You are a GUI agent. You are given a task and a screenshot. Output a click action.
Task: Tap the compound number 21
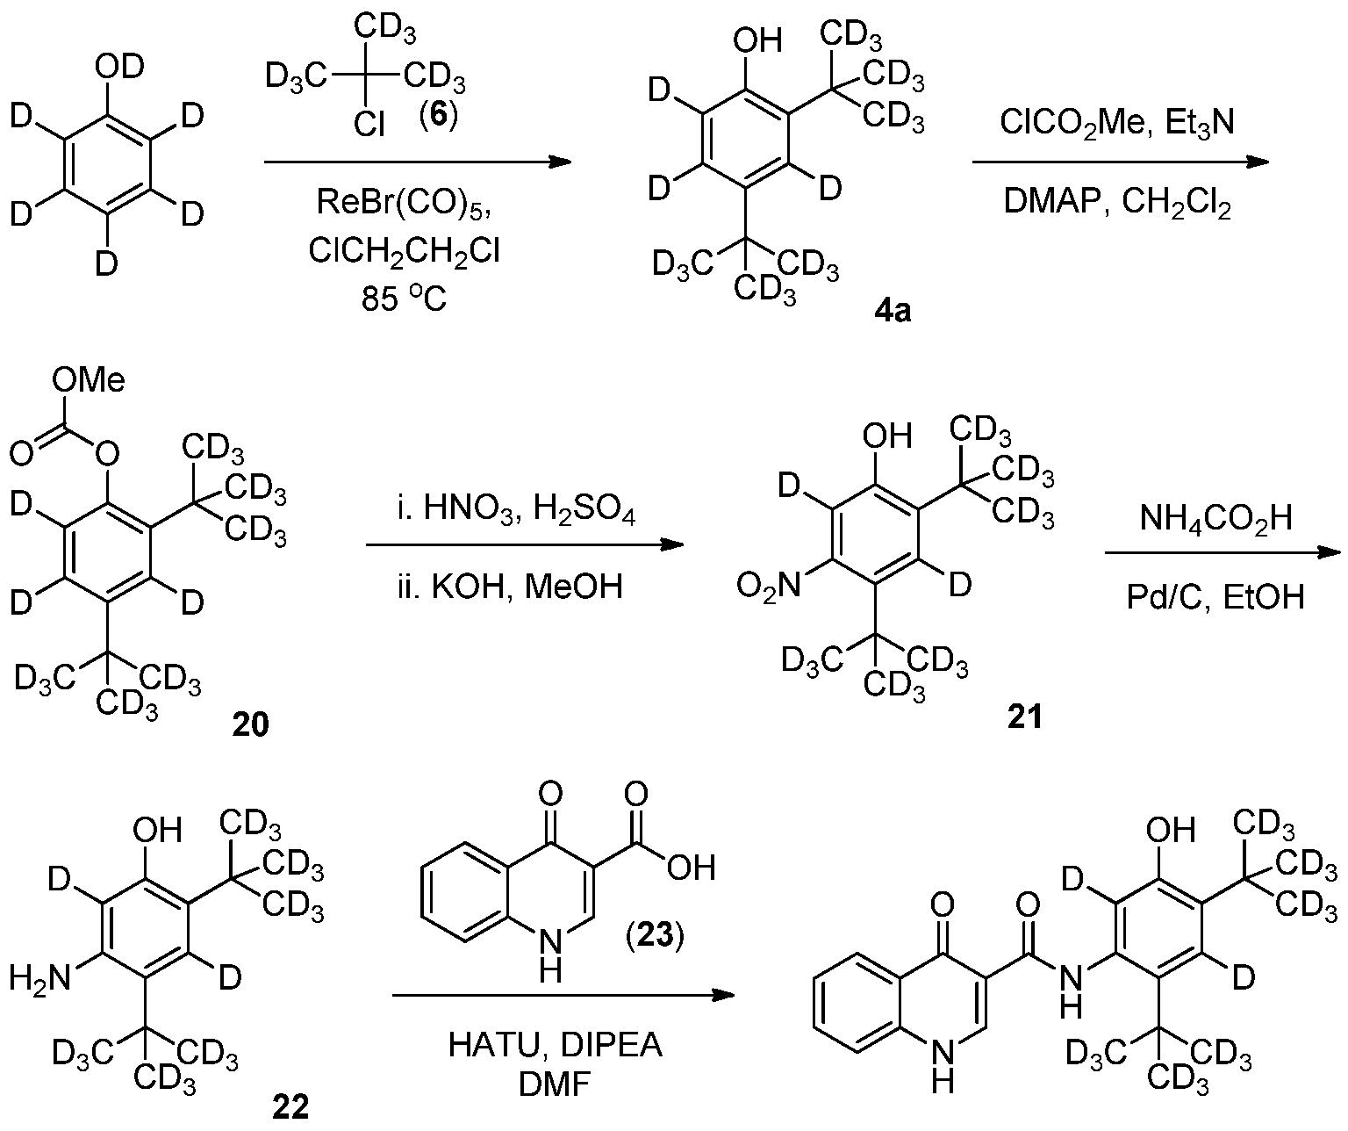point(1024,717)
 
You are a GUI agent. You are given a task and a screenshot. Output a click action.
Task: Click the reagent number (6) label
point(438,116)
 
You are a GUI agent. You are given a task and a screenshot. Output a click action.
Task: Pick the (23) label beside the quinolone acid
point(655,935)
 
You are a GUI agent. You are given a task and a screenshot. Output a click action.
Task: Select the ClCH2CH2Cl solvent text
point(405,251)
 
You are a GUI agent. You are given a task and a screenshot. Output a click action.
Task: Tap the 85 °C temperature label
point(405,299)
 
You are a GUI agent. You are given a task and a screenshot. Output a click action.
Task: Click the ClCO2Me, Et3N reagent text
point(1117,121)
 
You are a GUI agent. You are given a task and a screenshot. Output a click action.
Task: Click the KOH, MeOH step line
point(509,587)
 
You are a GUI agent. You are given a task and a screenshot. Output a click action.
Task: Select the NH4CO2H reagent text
point(1216,518)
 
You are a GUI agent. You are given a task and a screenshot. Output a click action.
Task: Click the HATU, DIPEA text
point(556,1045)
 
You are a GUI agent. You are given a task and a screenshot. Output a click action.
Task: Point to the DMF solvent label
point(556,1084)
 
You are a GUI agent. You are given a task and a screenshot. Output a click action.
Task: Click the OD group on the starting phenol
point(119,67)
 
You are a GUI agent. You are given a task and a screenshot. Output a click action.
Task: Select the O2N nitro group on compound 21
point(768,587)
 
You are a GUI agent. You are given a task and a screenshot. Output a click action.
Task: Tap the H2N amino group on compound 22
point(39,979)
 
